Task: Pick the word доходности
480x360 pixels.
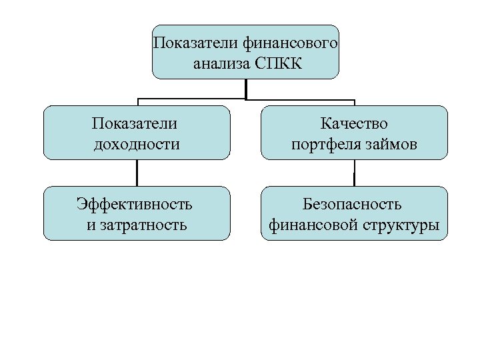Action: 137,143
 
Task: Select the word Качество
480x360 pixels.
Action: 354,123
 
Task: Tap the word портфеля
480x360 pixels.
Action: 325,143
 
